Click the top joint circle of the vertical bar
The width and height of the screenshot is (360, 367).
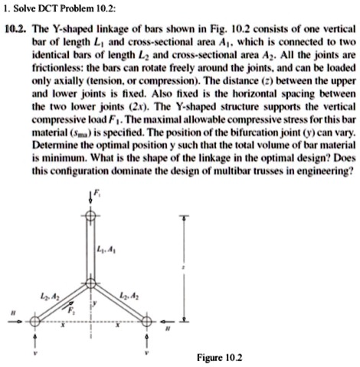(90, 216)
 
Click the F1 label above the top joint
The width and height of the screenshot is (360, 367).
(97, 195)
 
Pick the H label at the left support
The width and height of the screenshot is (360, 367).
(10, 313)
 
